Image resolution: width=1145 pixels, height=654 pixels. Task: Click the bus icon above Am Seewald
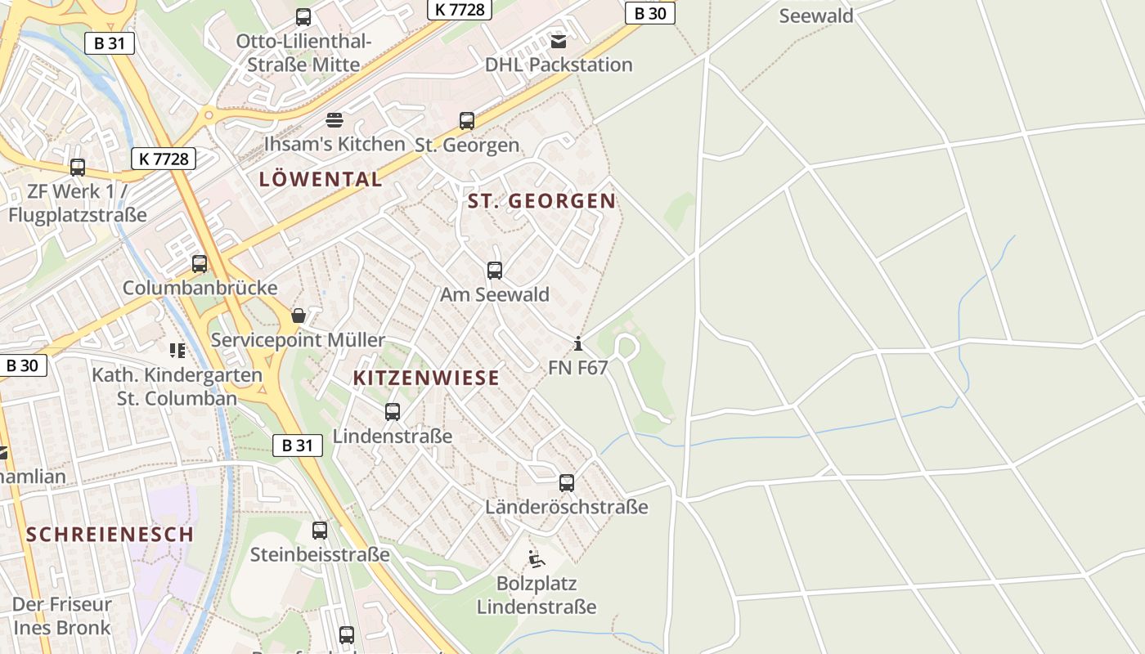click(x=495, y=270)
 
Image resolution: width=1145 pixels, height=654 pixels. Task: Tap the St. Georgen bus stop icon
click(x=467, y=121)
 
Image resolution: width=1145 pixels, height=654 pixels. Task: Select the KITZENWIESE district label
click(x=426, y=378)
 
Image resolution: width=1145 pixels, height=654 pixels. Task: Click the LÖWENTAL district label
click(x=321, y=179)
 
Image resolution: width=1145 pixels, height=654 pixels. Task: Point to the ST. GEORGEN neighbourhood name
click(x=541, y=200)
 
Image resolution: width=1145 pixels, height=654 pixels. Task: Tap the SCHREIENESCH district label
click(x=110, y=535)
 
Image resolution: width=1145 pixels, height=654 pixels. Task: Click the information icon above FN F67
click(x=578, y=343)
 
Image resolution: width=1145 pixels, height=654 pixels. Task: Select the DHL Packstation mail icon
click(x=559, y=41)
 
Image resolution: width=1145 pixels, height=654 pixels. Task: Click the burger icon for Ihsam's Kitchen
click(x=334, y=120)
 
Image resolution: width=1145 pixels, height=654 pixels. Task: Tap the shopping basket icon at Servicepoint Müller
click(x=299, y=316)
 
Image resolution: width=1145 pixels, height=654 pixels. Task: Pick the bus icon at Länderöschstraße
click(x=567, y=483)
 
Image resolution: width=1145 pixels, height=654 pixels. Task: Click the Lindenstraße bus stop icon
click(x=393, y=412)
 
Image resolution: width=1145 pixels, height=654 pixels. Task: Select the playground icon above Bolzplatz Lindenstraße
click(x=537, y=559)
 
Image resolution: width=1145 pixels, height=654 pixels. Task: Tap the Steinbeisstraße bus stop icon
click(x=320, y=531)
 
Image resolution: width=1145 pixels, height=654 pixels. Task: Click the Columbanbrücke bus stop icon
click(x=200, y=264)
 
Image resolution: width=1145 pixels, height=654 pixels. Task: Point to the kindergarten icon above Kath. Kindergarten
click(x=177, y=351)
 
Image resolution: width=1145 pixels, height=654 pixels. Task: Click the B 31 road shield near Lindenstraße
click(x=297, y=446)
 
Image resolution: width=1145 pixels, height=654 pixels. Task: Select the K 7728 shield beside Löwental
click(x=164, y=159)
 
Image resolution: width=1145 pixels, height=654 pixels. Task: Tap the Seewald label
click(x=816, y=16)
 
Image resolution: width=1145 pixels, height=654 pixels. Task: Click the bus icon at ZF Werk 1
click(x=78, y=168)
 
